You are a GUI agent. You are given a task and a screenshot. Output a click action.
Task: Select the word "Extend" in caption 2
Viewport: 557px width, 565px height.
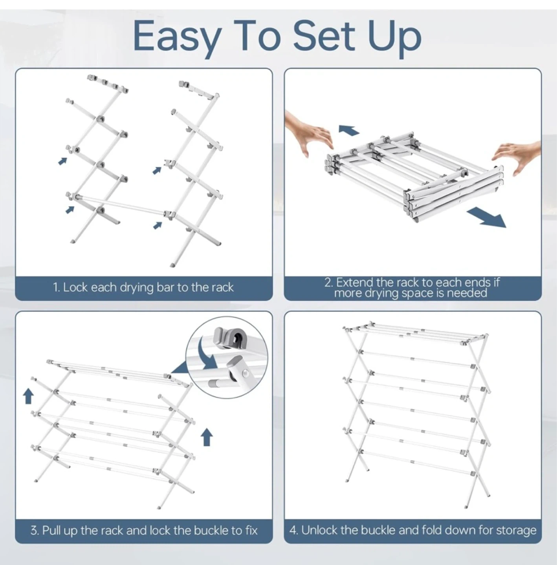(355, 282)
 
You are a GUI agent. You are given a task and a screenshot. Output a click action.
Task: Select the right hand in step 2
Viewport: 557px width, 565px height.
(517, 157)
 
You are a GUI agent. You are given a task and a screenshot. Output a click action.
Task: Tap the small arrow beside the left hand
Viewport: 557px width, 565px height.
(348, 130)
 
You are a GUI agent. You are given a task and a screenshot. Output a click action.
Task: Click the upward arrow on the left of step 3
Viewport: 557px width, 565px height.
(28, 396)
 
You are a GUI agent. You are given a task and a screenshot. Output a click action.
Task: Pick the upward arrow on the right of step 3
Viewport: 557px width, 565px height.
(207, 437)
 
